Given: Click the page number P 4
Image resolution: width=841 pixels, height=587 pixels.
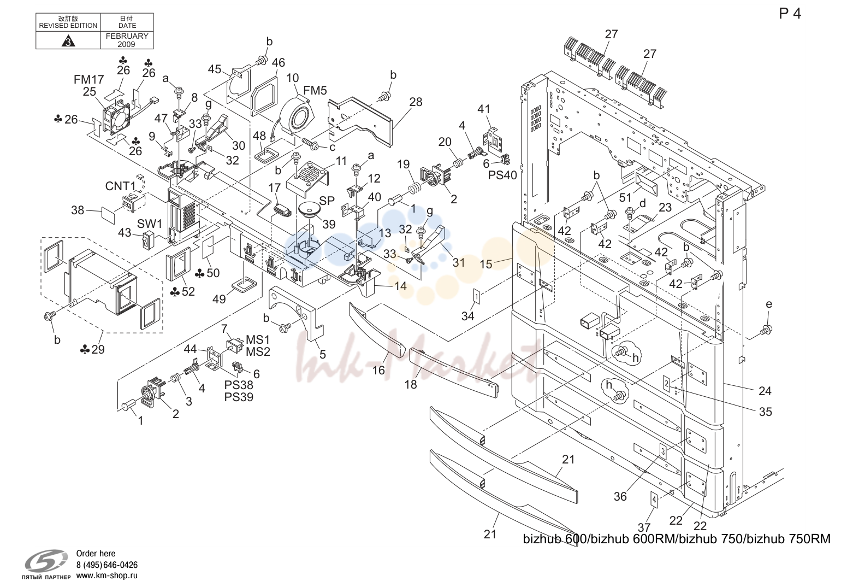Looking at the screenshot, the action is (x=790, y=14).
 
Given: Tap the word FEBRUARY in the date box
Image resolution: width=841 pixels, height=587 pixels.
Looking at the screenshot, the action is (x=127, y=36).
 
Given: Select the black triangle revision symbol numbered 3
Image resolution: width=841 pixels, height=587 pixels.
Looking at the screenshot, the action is (x=68, y=40).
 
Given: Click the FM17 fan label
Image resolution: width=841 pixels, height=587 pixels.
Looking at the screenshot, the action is (x=88, y=80).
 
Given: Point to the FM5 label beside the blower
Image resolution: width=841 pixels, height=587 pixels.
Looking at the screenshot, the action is (x=315, y=91).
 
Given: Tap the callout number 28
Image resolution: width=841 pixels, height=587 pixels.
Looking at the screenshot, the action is (x=416, y=102).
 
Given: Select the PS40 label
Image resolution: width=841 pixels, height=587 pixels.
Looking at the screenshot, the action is (x=502, y=175).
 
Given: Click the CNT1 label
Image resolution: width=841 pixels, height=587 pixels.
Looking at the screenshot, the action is (x=120, y=186).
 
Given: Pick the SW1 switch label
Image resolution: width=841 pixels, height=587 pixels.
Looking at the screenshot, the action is (x=150, y=224).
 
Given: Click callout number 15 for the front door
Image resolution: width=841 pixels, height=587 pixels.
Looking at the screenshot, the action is (x=486, y=264).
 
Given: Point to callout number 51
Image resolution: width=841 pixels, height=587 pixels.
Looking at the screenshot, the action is (x=625, y=198).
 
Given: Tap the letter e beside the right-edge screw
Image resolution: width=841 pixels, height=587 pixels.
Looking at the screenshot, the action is (x=769, y=304).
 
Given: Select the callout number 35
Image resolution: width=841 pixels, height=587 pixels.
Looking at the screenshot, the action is (x=766, y=412).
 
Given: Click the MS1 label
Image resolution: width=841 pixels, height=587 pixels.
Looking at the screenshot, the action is (x=258, y=340).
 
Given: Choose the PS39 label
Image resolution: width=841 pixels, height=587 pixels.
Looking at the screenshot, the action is (x=239, y=397).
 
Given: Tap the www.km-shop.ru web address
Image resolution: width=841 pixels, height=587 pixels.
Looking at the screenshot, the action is (x=106, y=576).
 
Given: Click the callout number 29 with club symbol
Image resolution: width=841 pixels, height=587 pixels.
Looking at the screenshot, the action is (x=92, y=349).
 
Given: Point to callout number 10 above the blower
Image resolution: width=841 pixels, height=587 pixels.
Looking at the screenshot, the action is (x=293, y=78).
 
